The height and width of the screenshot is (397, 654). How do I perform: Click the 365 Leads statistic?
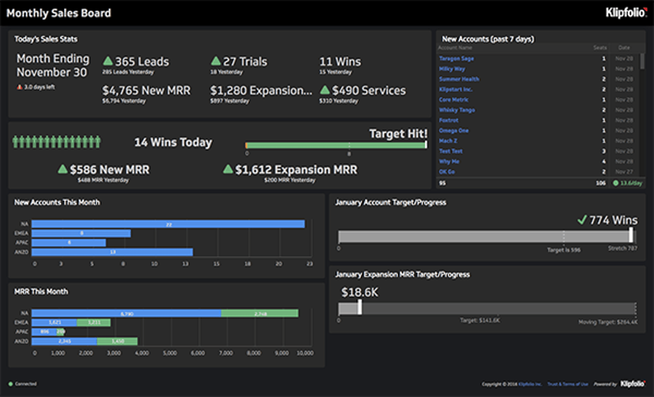[142, 61]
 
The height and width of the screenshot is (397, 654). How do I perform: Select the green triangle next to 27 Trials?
[216, 61]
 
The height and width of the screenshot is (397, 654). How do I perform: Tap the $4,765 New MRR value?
[146, 90]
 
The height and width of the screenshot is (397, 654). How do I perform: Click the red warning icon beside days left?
[19, 87]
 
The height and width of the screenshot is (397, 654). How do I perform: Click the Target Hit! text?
[398, 133]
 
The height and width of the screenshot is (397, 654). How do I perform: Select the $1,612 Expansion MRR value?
[296, 170]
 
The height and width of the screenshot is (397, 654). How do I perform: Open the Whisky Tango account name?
[457, 110]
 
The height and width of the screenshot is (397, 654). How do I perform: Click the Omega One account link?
[453, 130]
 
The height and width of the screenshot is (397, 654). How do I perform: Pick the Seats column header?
[600, 48]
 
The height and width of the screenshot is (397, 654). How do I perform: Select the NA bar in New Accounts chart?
[168, 224]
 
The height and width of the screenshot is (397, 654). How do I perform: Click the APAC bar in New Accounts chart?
[69, 243]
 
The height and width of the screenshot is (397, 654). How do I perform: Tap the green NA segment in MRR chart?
[260, 313]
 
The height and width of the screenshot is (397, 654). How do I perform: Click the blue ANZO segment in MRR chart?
[64, 341]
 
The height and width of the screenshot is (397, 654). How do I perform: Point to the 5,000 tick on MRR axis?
[170, 353]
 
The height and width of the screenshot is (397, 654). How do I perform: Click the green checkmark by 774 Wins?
[582, 220]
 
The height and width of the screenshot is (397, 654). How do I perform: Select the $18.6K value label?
[359, 292]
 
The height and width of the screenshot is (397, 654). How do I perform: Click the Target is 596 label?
[564, 250]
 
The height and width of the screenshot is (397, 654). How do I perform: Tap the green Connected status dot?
[11, 384]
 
